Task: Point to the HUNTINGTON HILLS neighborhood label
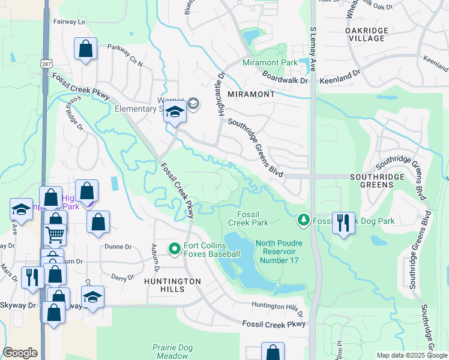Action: [172, 285]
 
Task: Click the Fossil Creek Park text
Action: [249, 218]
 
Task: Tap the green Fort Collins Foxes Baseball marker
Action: [175, 248]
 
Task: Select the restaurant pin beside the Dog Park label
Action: [343, 223]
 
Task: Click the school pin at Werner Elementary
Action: [175, 113]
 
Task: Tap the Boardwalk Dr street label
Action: [285, 76]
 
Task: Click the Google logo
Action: [20, 353]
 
